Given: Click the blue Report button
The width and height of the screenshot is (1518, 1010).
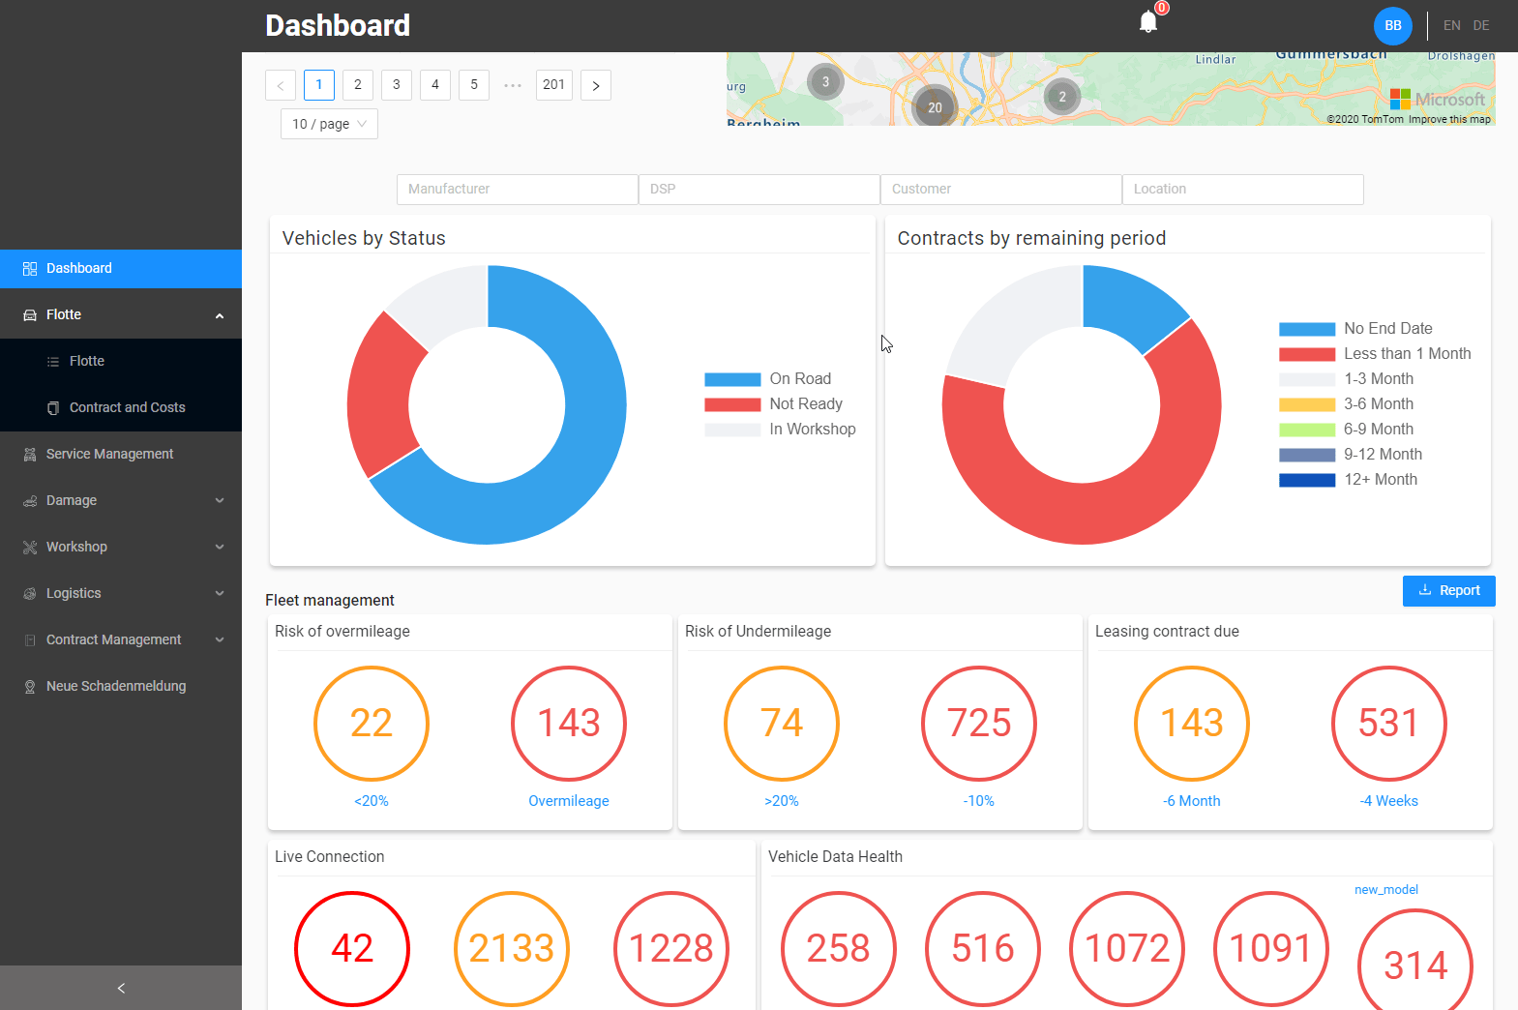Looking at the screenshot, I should [x=1448, y=591].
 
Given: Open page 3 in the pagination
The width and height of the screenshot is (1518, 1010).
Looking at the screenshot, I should [x=397, y=85].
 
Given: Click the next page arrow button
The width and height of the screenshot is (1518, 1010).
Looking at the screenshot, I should [x=596, y=85].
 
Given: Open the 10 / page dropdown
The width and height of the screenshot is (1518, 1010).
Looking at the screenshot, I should [x=329, y=124].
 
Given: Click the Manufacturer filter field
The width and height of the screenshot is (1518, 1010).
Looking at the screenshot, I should [x=517, y=190].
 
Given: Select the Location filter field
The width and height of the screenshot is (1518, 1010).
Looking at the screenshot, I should [x=1242, y=190].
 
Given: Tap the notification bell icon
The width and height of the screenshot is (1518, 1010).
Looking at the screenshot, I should [x=1148, y=22].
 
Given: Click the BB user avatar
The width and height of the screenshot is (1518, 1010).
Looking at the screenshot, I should [x=1392, y=26].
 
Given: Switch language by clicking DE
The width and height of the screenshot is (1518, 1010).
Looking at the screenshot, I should [x=1481, y=26].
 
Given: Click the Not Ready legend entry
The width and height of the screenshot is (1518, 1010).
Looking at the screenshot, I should [x=805, y=404].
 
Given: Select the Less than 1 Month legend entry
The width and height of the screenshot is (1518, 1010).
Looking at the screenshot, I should [x=1406, y=354].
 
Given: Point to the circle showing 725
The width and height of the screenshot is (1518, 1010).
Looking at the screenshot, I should [x=979, y=724].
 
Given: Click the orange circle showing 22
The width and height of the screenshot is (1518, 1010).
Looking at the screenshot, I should [x=372, y=724].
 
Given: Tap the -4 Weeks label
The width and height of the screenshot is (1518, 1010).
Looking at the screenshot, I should [x=1388, y=801].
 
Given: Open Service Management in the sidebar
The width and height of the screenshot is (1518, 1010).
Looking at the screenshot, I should [x=109, y=454].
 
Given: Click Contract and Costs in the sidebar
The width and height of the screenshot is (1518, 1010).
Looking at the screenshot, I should [x=127, y=407].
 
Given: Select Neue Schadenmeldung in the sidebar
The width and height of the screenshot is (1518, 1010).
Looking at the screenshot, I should [x=116, y=686].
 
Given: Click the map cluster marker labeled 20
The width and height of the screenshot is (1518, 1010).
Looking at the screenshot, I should [x=935, y=107].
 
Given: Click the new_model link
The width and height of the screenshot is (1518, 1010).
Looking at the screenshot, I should [x=1385, y=890].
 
